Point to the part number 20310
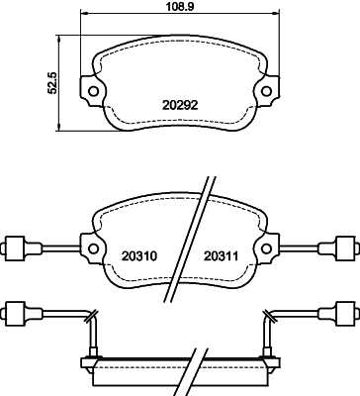click(x=140, y=255)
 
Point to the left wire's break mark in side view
click(x=90, y=317)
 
